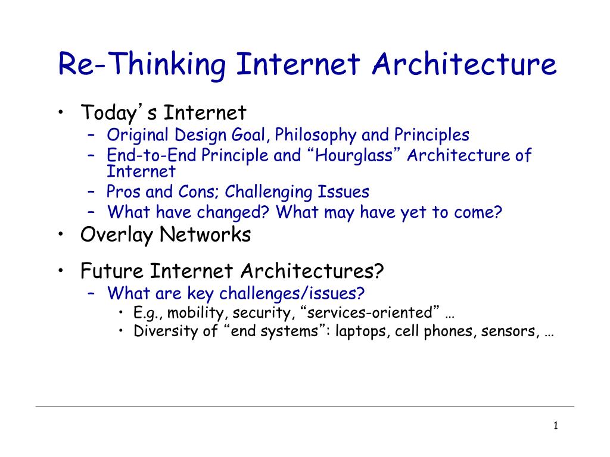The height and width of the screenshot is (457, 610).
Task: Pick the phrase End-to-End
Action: (x=151, y=156)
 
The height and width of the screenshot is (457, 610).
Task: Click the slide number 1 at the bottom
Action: (x=555, y=425)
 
